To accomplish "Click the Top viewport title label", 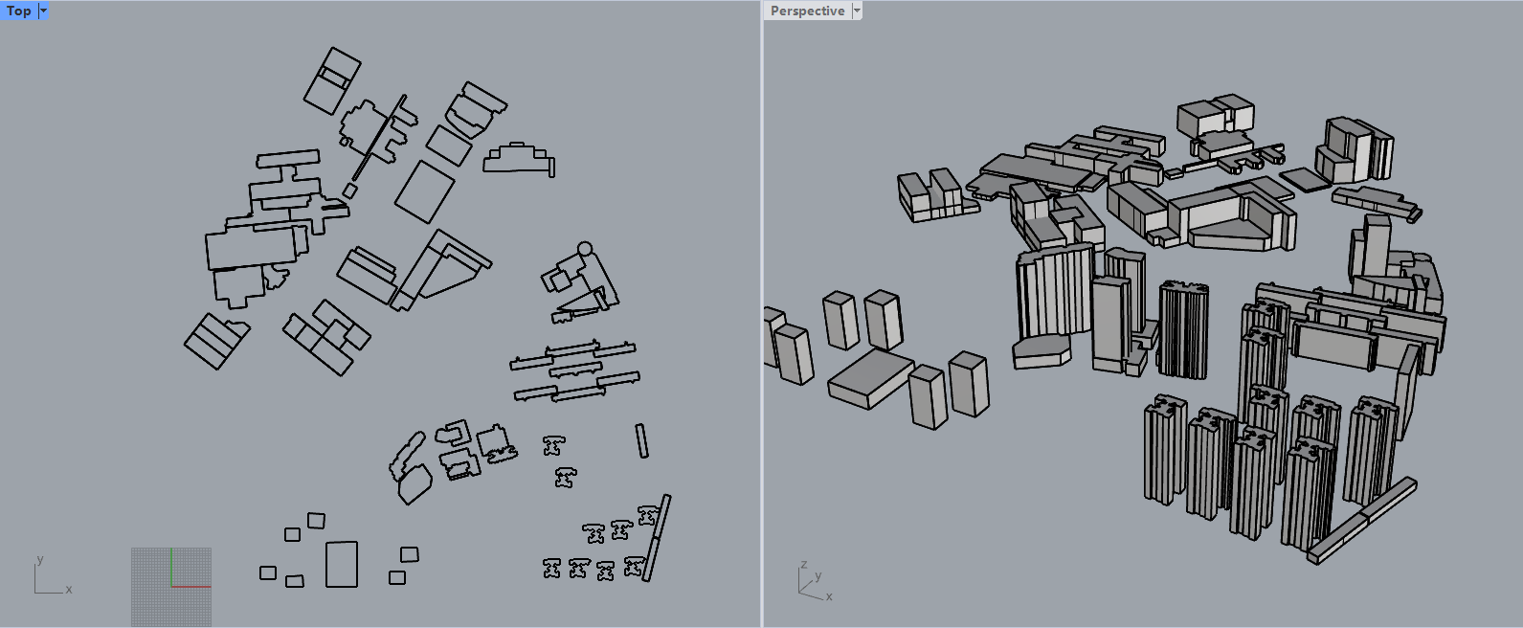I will [18, 11].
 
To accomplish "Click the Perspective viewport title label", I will [807, 11].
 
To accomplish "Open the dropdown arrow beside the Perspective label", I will [857, 11].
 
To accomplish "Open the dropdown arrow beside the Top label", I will [43, 11].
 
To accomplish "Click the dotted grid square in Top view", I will [171, 587].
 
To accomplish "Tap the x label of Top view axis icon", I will [69, 589].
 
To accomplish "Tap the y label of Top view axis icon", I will [39, 559].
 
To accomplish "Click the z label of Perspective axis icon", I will [804, 564].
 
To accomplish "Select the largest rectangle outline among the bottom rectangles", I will [342, 564].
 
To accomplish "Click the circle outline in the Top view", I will [585, 249].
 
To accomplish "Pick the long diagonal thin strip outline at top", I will [379, 137].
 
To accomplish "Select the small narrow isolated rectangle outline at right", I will [641, 440].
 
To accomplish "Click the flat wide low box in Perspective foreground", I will [869, 378].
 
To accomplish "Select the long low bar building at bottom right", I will [1360, 519].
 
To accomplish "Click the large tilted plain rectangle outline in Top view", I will [424, 191].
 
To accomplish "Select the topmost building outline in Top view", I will [332, 80].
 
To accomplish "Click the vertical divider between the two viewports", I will [762, 316].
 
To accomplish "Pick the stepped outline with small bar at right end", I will [519, 161].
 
